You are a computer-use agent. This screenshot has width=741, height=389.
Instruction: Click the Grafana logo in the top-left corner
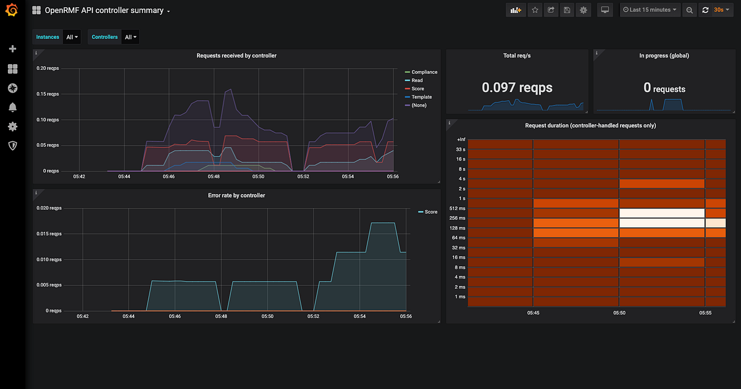(x=12, y=11)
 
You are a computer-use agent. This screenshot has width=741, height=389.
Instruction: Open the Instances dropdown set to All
(x=72, y=37)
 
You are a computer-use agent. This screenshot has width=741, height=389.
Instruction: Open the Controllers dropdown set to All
(x=131, y=37)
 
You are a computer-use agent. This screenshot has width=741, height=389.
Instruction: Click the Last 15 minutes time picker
(x=650, y=10)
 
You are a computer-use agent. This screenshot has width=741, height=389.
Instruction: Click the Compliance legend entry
(x=424, y=72)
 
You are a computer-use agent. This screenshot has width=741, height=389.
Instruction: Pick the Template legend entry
(x=421, y=97)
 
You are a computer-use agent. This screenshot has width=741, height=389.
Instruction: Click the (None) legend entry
(x=419, y=106)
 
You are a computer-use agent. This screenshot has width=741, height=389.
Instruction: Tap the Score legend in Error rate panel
(x=430, y=212)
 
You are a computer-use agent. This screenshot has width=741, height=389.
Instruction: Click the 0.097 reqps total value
(x=517, y=88)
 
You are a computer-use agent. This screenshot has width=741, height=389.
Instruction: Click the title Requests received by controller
(x=237, y=56)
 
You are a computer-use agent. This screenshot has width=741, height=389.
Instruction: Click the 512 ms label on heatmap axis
(x=460, y=208)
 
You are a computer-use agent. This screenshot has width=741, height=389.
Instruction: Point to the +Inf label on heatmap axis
(x=461, y=140)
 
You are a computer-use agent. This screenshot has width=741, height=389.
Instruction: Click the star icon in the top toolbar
(x=535, y=10)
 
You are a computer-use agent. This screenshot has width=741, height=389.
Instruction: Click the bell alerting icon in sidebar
(x=12, y=107)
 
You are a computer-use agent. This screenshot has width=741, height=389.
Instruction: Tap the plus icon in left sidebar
(x=12, y=49)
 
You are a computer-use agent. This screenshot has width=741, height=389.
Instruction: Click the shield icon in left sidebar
(x=12, y=146)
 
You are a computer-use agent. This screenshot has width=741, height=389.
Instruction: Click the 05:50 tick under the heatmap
(x=619, y=313)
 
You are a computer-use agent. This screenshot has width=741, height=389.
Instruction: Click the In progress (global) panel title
(x=664, y=56)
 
